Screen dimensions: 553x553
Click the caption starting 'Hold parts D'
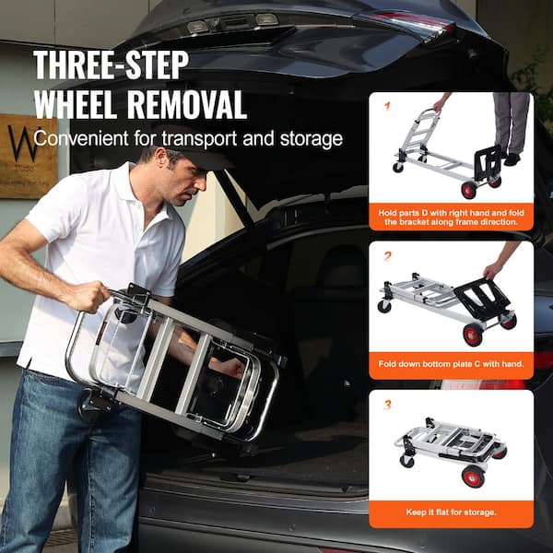pos(451,217)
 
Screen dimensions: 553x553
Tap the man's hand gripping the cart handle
pos(88,297)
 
